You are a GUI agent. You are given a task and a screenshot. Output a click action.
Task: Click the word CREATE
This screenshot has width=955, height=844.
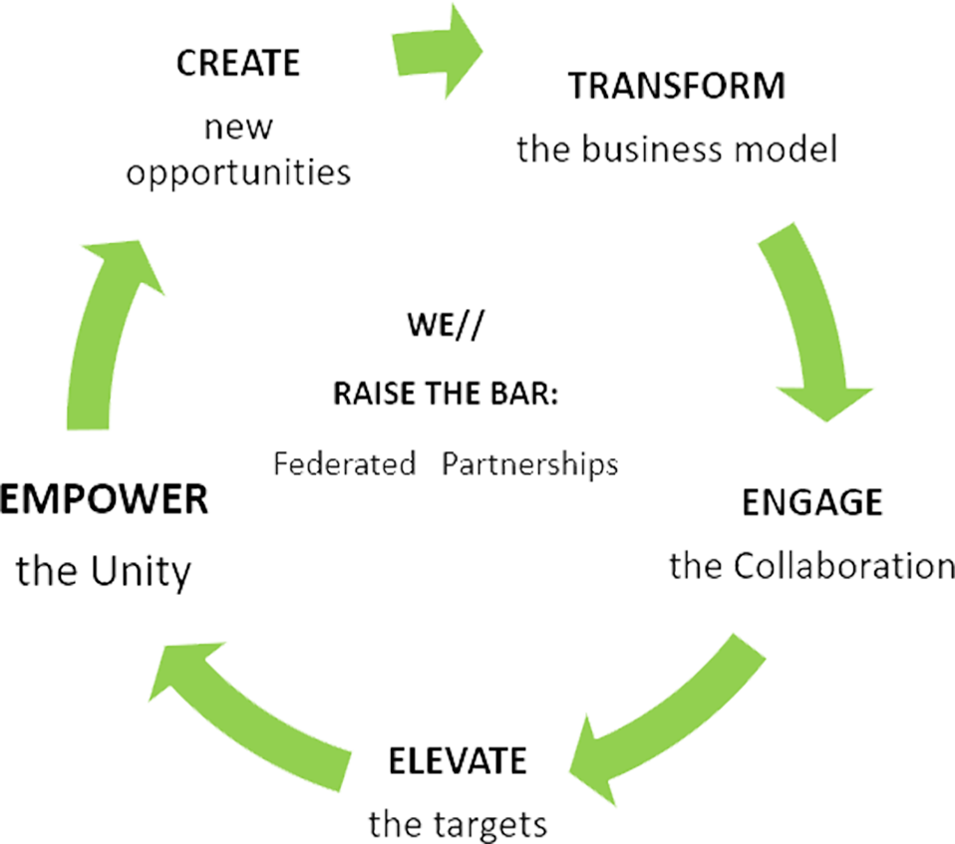coord(236,63)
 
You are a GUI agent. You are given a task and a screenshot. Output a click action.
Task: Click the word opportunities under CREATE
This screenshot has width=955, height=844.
coord(238,171)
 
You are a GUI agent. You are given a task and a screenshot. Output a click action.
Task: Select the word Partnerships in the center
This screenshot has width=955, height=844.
coord(539,464)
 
